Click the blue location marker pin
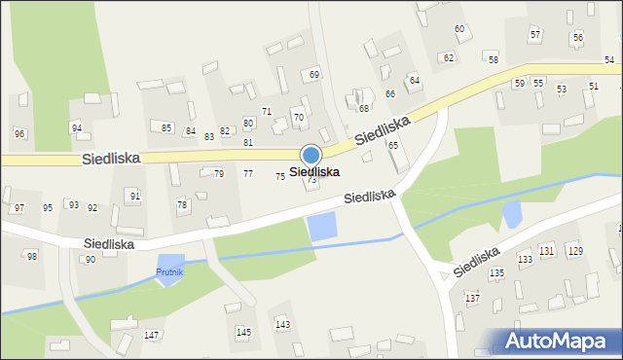(x=311, y=155)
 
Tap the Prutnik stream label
(x=170, y=272)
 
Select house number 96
(x=19, y=133)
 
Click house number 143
(x=282, y=324)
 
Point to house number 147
(x=152, y=335)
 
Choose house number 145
(x=243, y=332)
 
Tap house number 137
(x=473, y=297)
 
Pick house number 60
(x=459, y=29)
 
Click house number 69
(x=314, y=75)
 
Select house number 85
(x=167, y=127)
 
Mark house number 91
(x=135, y=196)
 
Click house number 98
(x=32, y=256)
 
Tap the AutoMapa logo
(x=559, y=341)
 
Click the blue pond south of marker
(x=321, y=229)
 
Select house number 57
(x=535, y=35)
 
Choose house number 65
(x=393, y=145)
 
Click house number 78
(x=181, y=204)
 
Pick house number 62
(x=449, y=58)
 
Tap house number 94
(x=76, y=128)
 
